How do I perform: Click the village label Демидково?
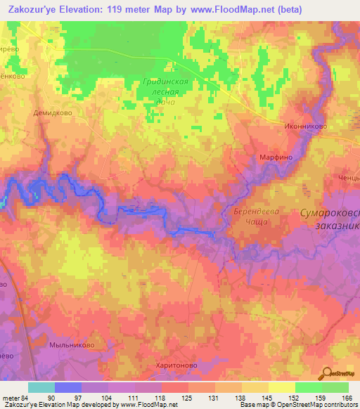click(x=53, y=112)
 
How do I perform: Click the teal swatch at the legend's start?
click(x=41, y=387)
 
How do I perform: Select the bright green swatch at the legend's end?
click(x=335, y=387)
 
